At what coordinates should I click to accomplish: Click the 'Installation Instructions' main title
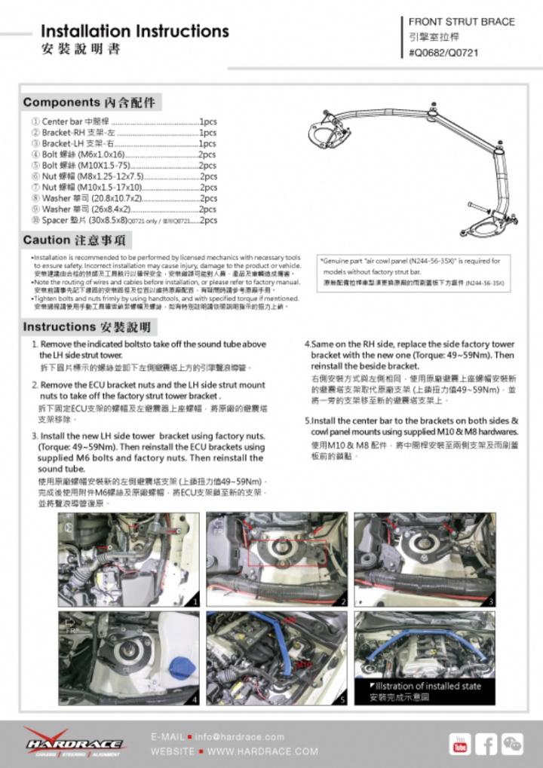click(x=134, y=32)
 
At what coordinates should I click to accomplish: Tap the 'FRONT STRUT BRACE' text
click(x=462, y=22)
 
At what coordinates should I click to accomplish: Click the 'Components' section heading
click(x=89, y=102)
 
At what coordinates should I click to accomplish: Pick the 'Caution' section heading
click(x=76, y=240)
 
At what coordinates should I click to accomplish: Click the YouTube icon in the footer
click(x=460, y=744)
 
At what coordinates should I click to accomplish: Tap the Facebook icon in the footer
click(x=486, y=744)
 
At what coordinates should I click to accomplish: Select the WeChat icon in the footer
click(x=513, y=744)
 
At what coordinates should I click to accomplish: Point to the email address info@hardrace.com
click(x=240, y=736)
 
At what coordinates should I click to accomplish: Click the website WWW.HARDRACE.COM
click(x=262, y=751)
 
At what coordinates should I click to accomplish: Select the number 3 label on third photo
click(x=490, y=601)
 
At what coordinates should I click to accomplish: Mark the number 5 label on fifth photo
click(x=342, y=699)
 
